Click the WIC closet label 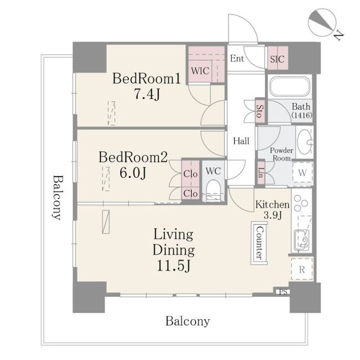[200, 71]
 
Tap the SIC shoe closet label [277, 59]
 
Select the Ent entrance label [237, 58]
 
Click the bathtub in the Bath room [290, 86]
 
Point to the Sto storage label [260, 111]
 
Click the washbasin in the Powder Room [305, 142]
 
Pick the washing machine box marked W [303, 173]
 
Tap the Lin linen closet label [261, 173]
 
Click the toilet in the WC [214, 191]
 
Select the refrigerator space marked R [301, 269]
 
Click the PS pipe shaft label [283, 292]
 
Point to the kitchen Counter [259, 243]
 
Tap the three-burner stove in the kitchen [301, 203]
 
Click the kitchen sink [301, 240]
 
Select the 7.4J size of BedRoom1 [147, 94]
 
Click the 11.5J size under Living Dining [174, 265]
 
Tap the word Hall [241, 141]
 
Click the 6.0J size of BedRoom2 [133, 173]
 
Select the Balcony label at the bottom [187, 321]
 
